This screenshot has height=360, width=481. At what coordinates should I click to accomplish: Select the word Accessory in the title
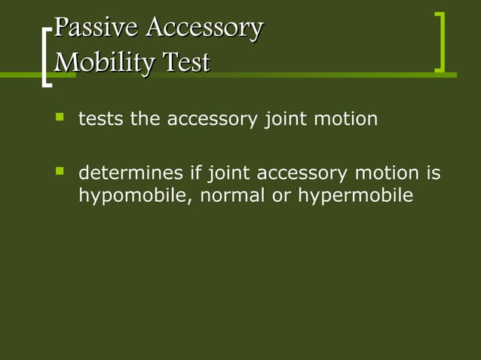pos(204,29)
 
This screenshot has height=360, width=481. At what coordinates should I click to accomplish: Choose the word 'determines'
pos(131,175)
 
